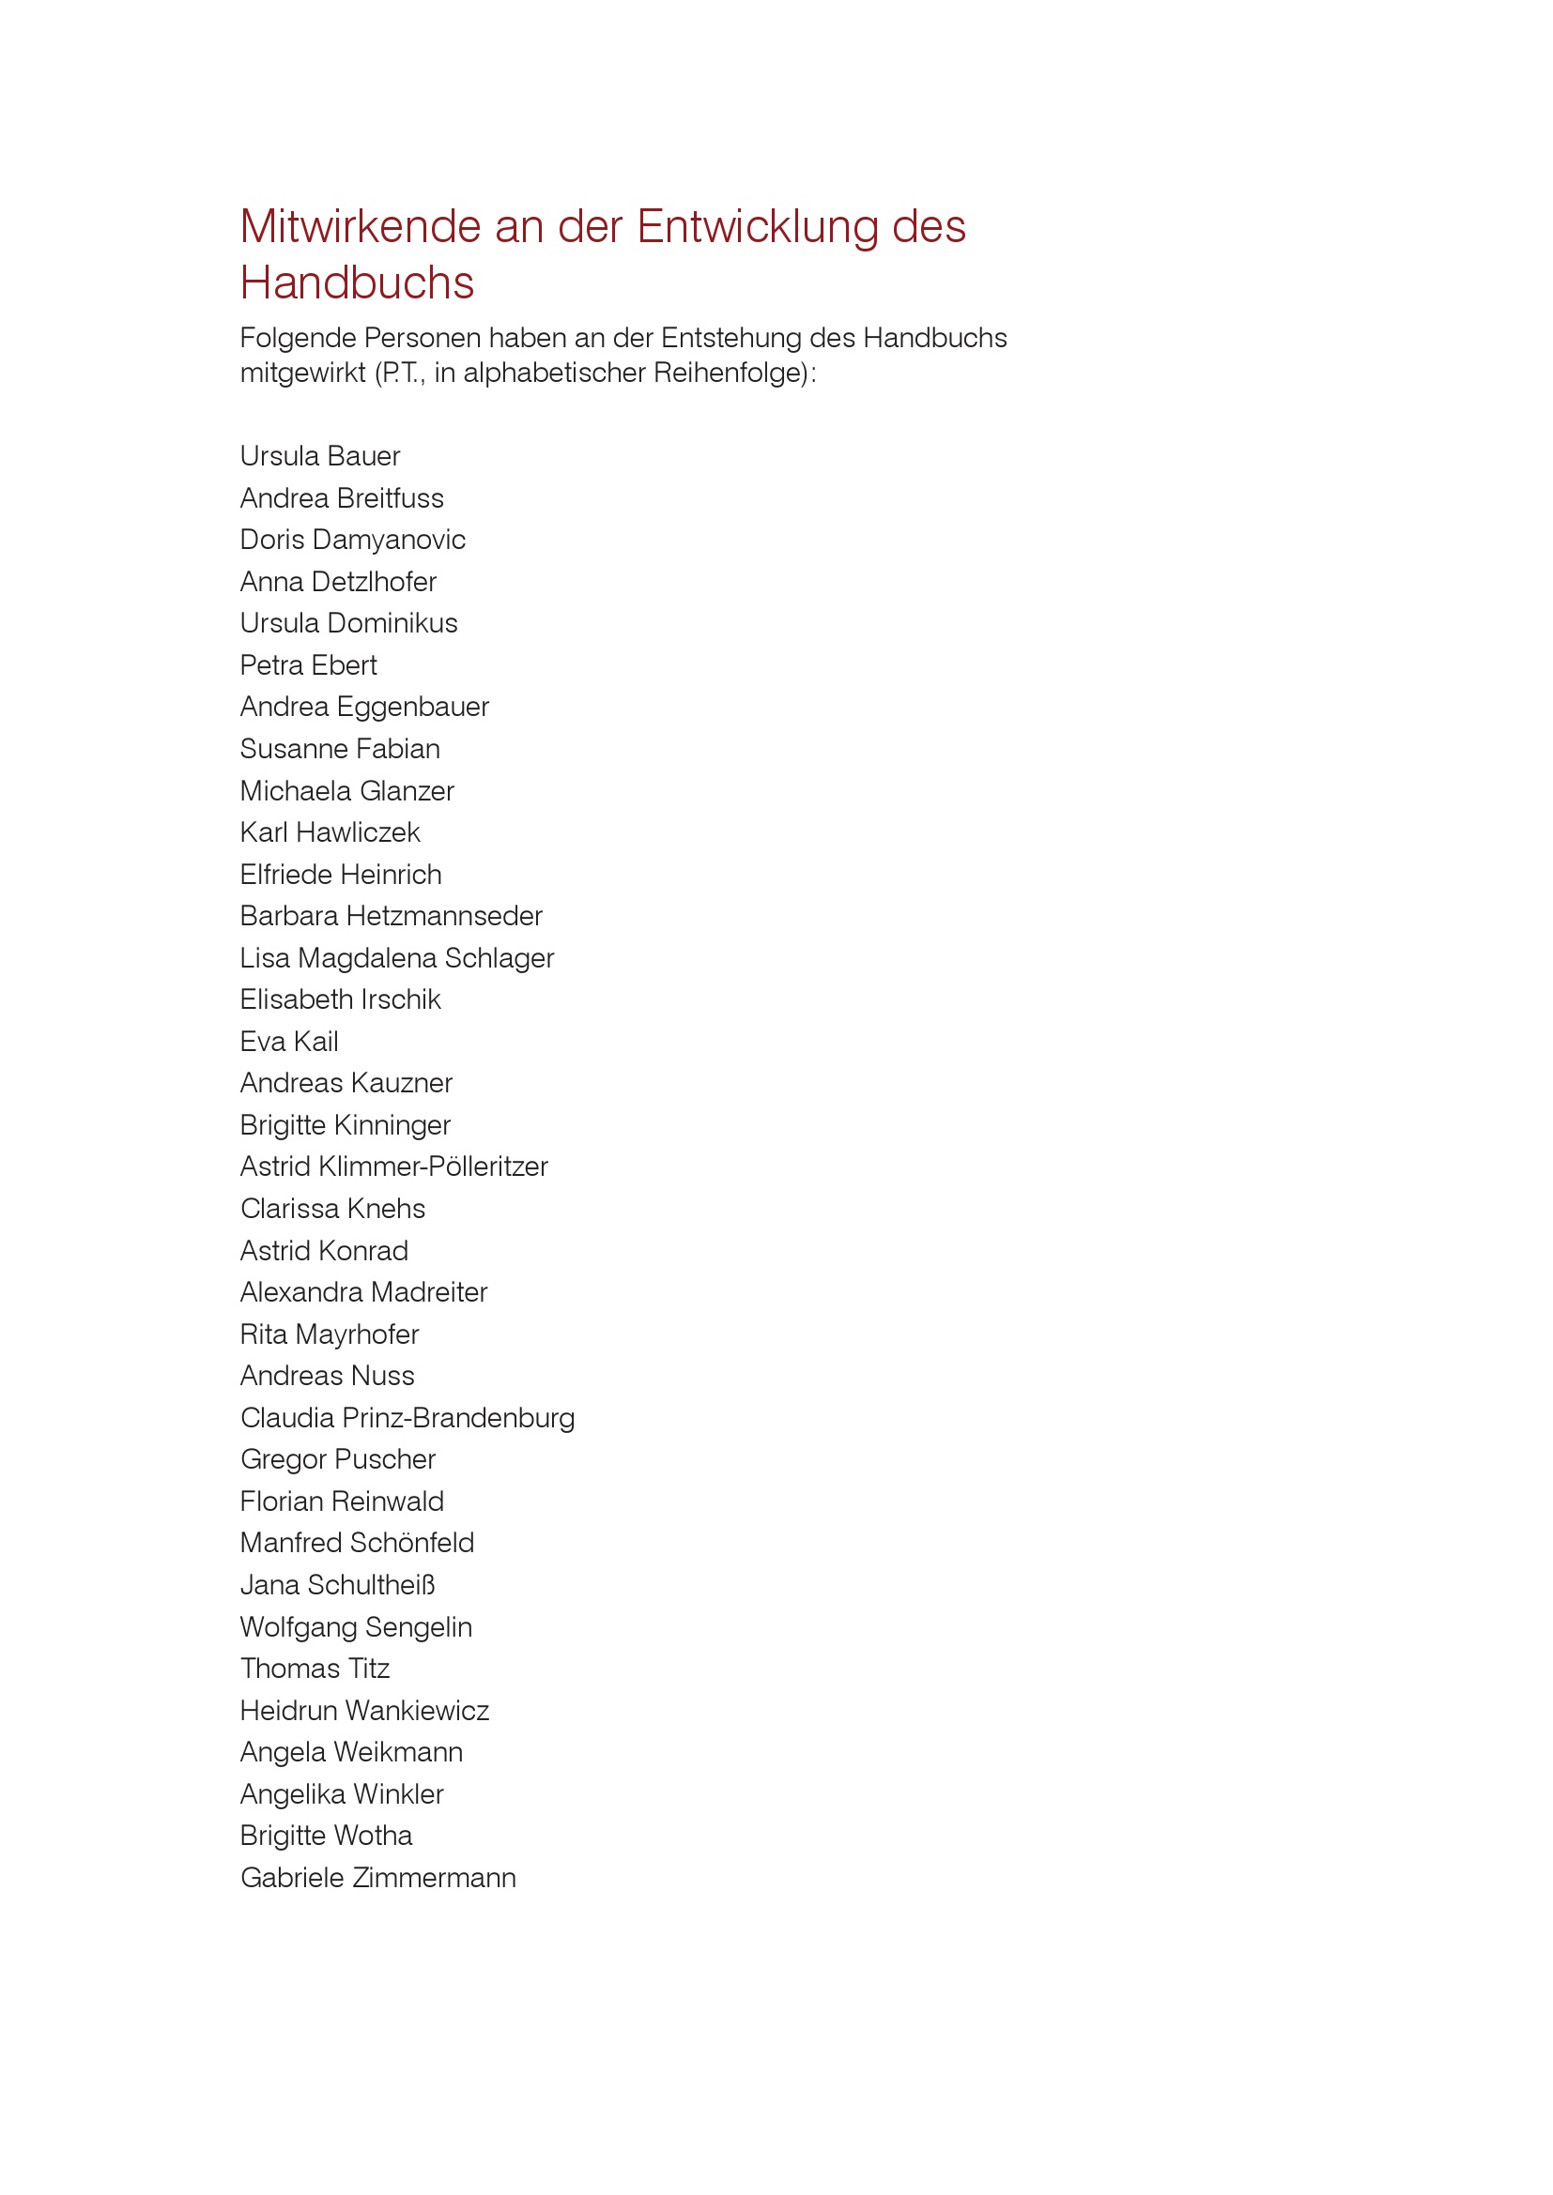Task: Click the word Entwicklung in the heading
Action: tap(758, 227)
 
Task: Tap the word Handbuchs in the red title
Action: tap(357, 284)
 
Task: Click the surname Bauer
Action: tap(363, 457)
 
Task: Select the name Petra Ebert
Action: tap(308, 665)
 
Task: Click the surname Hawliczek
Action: tap(358, 832)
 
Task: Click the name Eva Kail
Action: tap(289, 1042)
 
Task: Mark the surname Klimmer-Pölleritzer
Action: tap(433, 1167)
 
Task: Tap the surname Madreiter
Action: tap(430, 1292)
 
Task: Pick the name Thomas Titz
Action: tap(315, 1669)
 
